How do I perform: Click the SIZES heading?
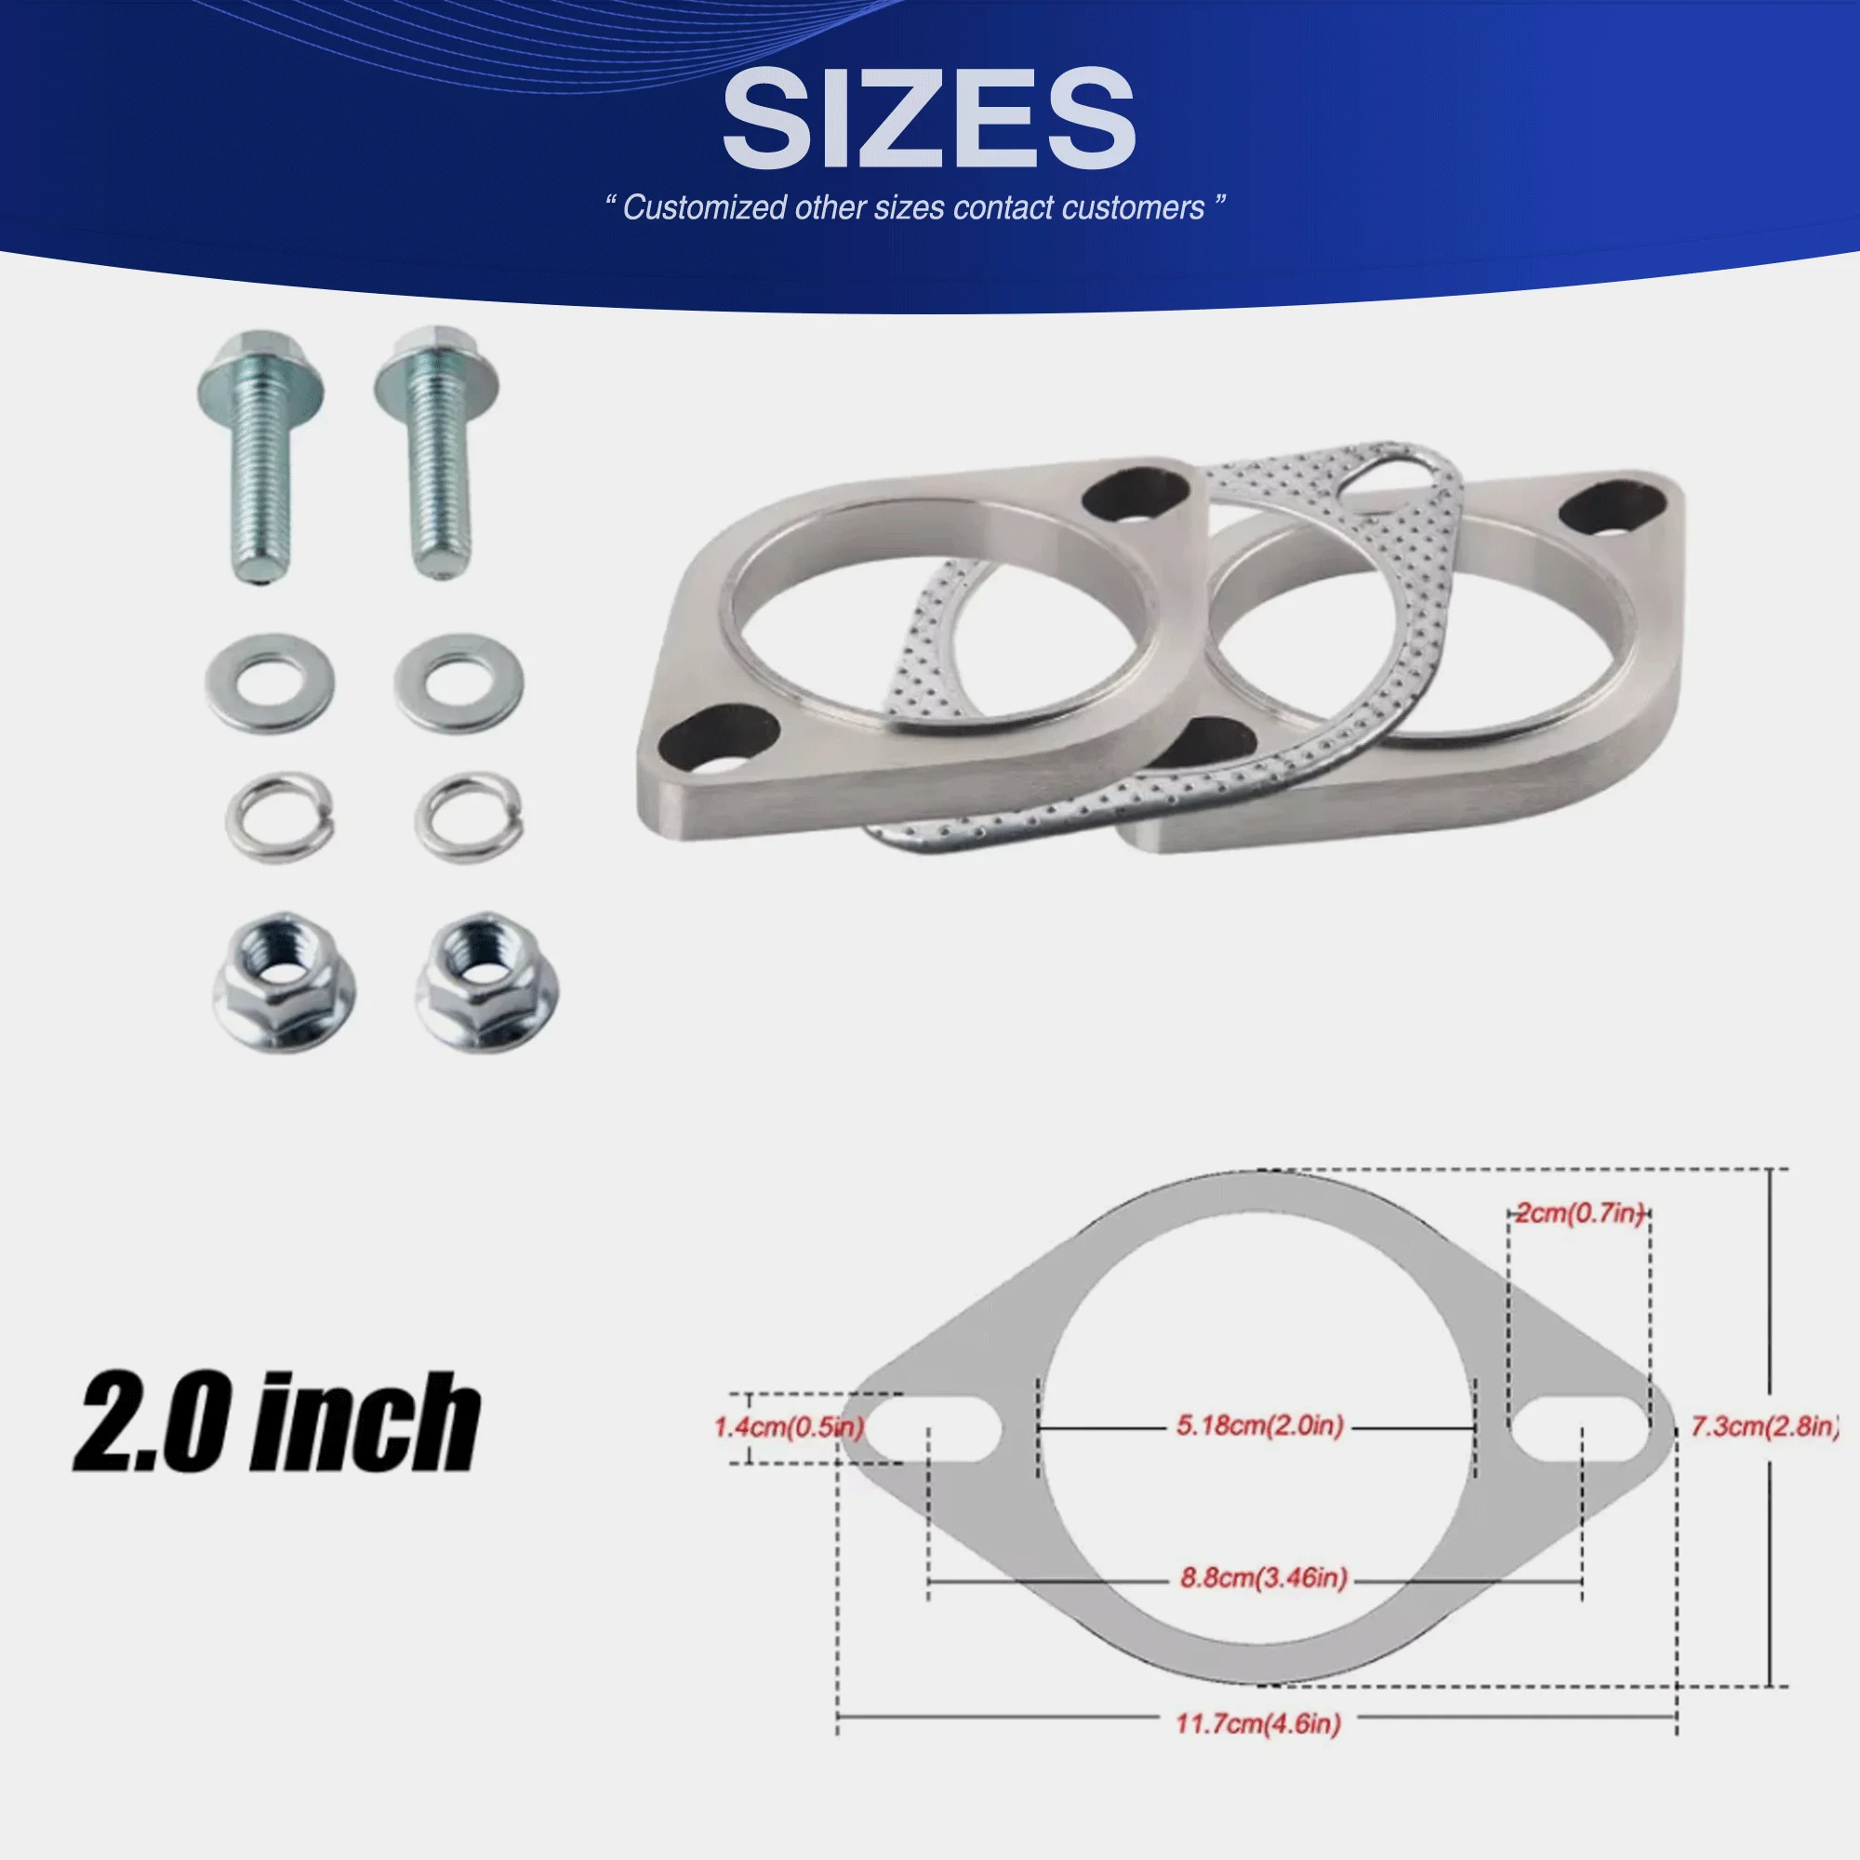(x=929, y=119)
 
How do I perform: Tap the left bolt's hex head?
(x=260, y=371)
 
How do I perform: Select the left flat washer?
(x=270, y=683)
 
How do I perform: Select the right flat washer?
(x=459, y=683)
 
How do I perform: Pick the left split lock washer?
(x=279, y=818)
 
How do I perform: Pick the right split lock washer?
(x=469, y=818)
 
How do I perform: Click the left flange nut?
(x=284, y=982)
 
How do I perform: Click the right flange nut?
(x=486, y=982)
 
